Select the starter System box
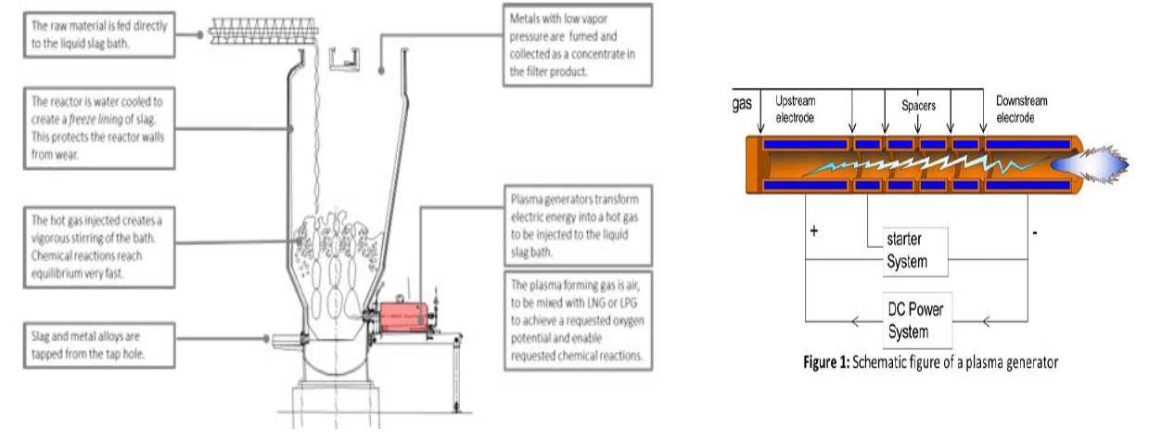pyautogui.click(x=906, y=252)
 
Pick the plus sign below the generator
pyautogui.click(x=813, y=230)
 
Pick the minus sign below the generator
pyautogui.click(x=1034, y=230)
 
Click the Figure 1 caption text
pyautogui.click(x=930, y=362)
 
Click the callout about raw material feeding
pyautogui.click(x=98, y=33)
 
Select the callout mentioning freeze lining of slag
pyautogui.click(x=98, y=127)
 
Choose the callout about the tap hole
pyautogui.click(x=98, y=341)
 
